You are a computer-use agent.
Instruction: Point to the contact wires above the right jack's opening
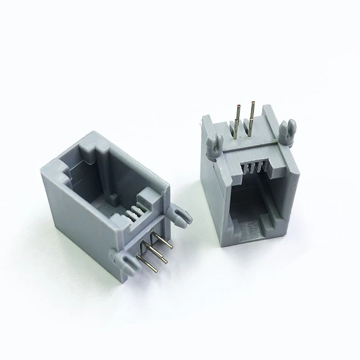(252, 169)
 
